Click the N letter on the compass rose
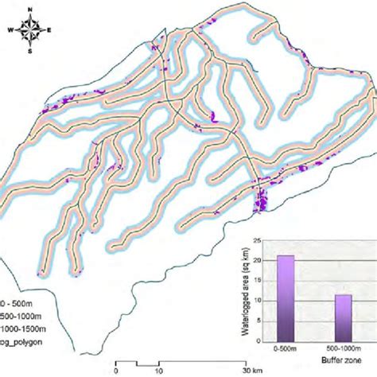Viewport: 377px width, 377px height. (30, 9)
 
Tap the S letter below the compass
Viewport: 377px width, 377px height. (30, 52)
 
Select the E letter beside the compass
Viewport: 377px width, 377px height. (49, 31)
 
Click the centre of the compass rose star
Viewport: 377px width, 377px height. (30, 31)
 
